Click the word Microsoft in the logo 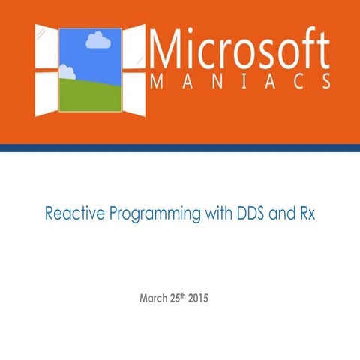pos(240,49)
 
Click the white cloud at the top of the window pos(97,40)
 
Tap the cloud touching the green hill pos(67,72)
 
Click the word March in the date pos(154,298)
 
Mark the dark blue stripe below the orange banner pos(180,148)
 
